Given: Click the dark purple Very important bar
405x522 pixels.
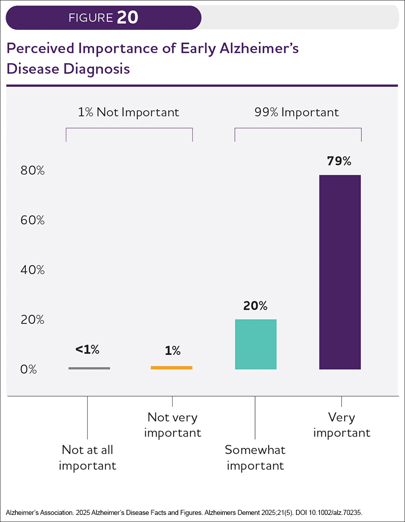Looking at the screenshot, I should tap(340, 272).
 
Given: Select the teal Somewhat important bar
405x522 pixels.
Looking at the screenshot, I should tap(256, 344).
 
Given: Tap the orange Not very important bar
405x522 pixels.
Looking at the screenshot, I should tap(172, 367).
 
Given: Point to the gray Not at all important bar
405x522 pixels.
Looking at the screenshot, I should tap(89, 368).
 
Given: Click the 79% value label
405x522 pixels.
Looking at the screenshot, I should tap(339, 161).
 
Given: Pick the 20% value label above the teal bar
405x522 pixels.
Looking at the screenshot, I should tap(255, 306).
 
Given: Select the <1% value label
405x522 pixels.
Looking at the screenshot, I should tap(88, 349).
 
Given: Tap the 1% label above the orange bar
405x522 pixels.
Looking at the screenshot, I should tap(172, 351).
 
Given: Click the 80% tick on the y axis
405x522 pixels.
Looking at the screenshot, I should tap(32, 171).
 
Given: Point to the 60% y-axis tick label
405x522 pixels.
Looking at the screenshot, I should tap(32, 221).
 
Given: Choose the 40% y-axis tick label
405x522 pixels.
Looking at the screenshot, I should tap(32, 270).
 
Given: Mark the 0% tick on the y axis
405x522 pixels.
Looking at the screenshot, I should tap(29, 370).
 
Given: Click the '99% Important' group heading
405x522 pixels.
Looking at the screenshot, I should tap(297, 112).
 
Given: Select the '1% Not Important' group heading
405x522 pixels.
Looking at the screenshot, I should tap(129, 112).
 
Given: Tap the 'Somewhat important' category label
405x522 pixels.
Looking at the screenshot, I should tap(255, 457).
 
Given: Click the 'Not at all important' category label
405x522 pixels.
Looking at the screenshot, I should tap(88, 457).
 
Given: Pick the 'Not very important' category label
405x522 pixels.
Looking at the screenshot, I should tap(173, 425).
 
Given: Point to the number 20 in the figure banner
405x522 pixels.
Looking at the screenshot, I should tap(127, 18).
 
